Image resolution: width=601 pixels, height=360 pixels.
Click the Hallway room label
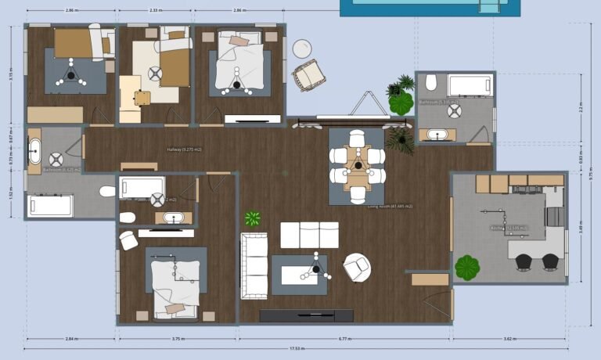184,149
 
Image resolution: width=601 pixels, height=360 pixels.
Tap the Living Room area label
390,207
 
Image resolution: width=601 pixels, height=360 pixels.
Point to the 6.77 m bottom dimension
344,339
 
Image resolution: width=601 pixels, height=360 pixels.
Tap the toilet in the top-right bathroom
431,82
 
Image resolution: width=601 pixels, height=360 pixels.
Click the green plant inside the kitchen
467,267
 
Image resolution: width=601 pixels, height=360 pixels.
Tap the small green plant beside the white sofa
253,218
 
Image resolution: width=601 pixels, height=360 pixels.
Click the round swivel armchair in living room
357,267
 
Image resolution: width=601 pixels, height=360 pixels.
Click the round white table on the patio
302,49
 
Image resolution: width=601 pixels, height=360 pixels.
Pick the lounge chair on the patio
308,75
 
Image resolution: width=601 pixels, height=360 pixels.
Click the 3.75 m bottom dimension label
178,339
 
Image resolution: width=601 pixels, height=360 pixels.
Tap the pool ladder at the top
488,6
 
